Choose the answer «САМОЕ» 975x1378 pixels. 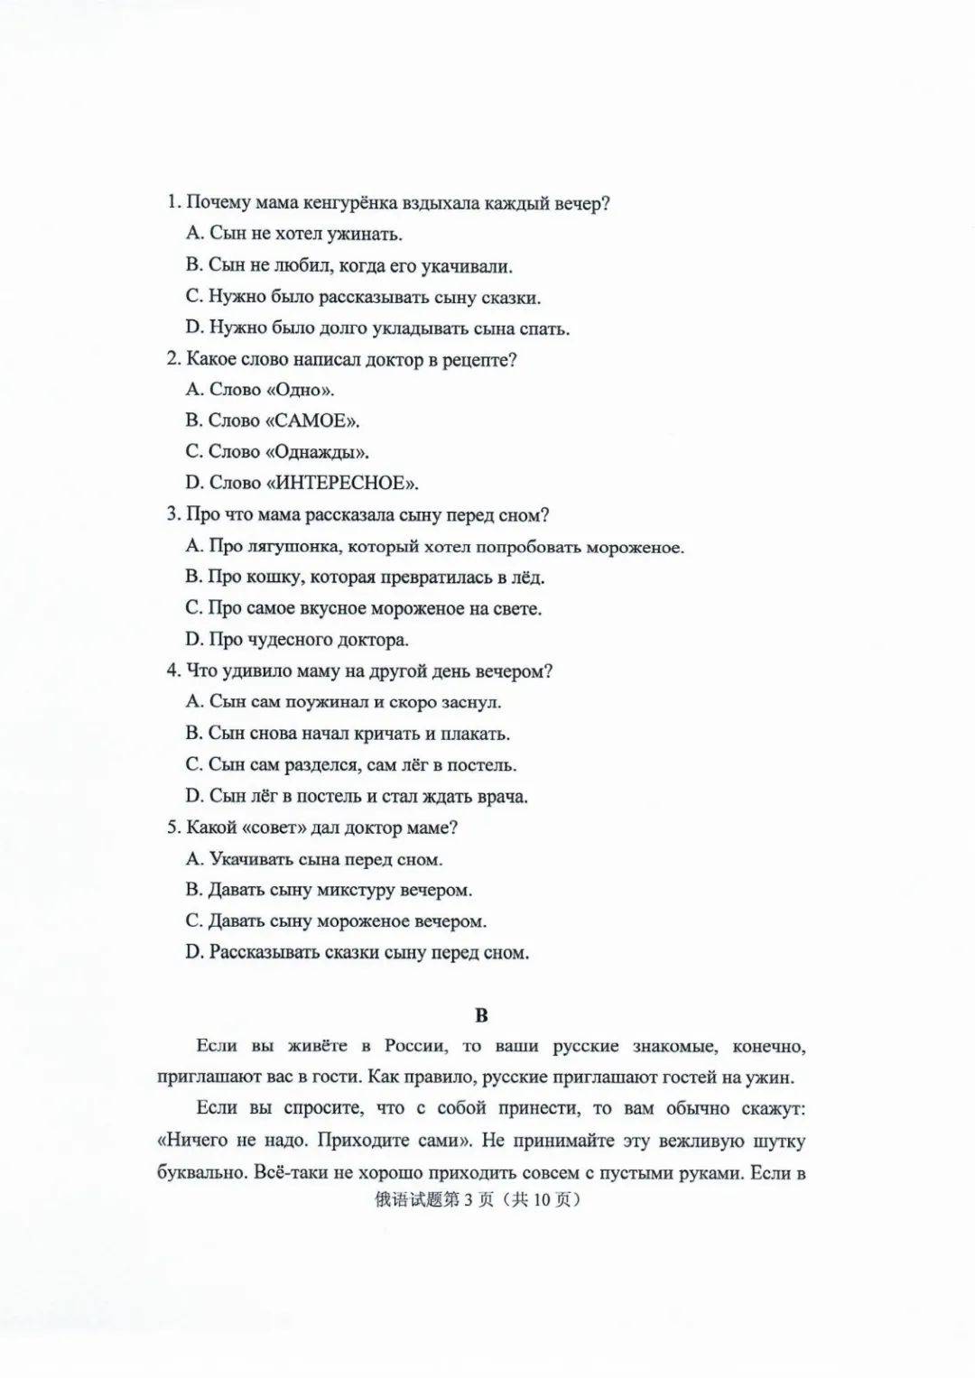pos(311,421)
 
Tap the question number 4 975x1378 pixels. pos(172,671)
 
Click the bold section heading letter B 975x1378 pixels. pos(481,1016)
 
